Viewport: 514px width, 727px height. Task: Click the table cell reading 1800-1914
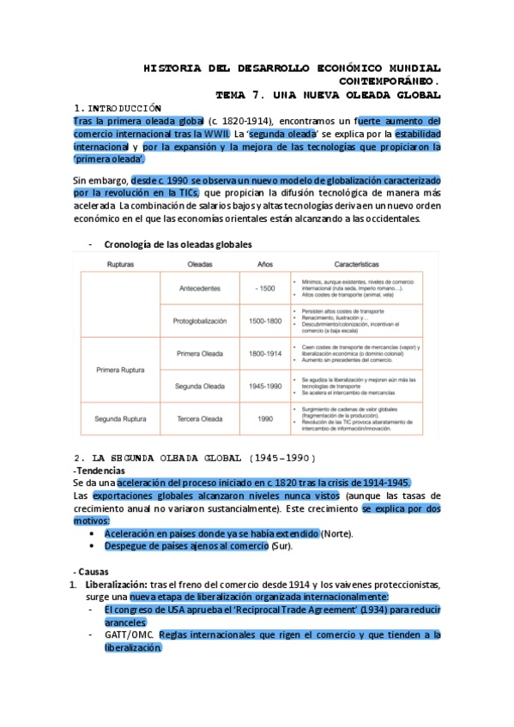265,352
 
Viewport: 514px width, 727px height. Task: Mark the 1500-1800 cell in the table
265,321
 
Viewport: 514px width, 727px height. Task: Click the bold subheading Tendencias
100,471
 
